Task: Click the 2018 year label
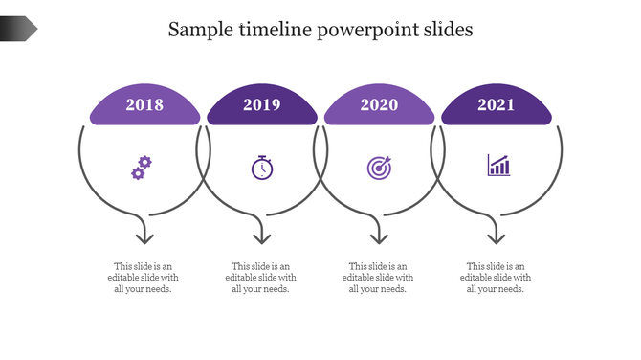tap(144, 105)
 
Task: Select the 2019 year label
tap(261, 105)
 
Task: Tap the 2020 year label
tap(379, 105)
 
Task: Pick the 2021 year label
tap(497, 105)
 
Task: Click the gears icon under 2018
tap(141, 169)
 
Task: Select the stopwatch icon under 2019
tap(262, 168)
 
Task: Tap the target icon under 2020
tap(379, 168)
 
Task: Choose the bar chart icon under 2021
tap(498, 166)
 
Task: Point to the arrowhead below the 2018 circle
tap(144, 236)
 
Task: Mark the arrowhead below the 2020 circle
tap(379, 236)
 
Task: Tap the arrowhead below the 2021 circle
tap(496, 236)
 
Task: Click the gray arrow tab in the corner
tap(18, 30)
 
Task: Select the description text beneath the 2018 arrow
tap(144, 278)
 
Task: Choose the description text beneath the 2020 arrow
tap(378, 278)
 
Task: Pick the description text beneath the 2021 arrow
tap(496, 278)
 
